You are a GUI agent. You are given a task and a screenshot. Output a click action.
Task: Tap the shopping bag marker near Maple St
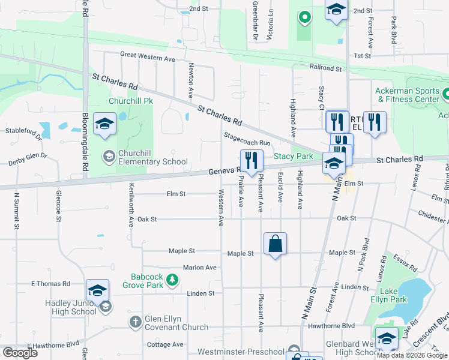[275, 244]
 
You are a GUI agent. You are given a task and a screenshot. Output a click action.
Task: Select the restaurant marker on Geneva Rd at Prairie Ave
[252, 160]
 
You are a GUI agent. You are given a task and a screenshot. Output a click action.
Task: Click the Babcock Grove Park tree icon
[172, 280]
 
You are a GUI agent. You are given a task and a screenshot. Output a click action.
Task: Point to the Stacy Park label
[294, 157]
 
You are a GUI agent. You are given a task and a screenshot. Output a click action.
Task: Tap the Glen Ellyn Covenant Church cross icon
[136, 322]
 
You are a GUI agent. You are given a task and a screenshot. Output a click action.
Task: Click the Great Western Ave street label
[147, 59]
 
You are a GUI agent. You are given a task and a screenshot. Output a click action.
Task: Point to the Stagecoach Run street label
[247, 139]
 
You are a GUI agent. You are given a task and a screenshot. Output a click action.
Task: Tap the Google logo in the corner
[20, 352]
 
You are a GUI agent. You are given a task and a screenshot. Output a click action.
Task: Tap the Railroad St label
[325, 69]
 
